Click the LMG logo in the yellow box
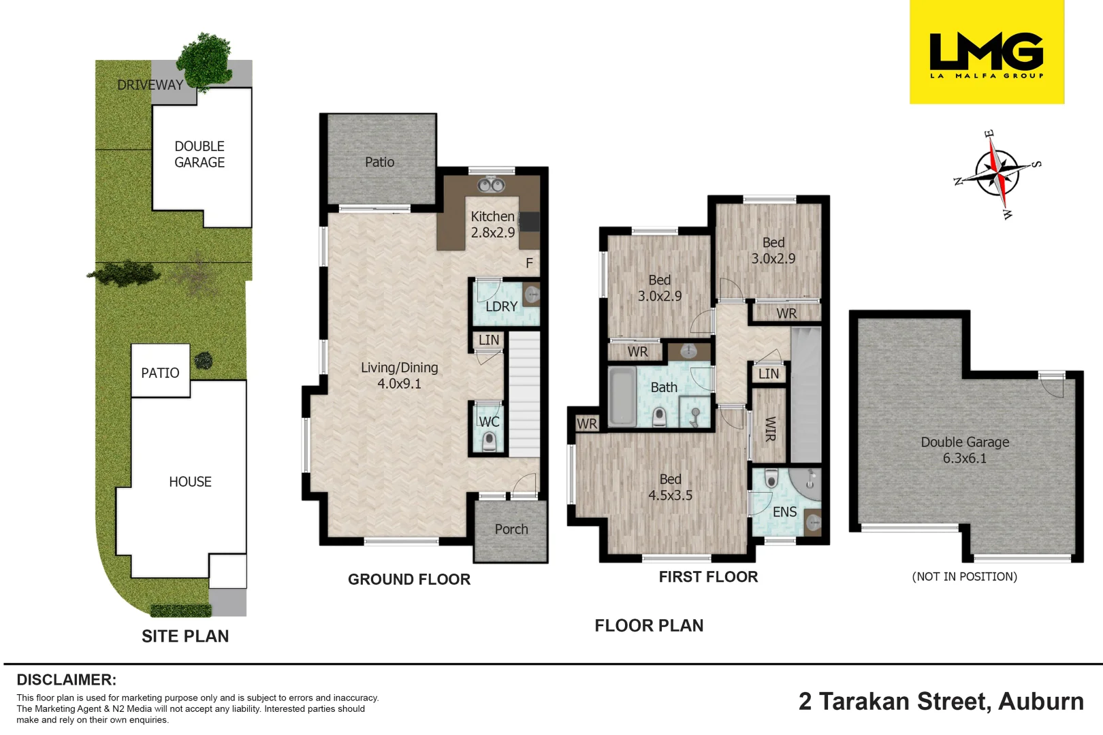tap(987, 55)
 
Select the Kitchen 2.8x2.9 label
tap(492, 224)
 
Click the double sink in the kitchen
tap(491, 184)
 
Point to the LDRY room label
tap(501, 307)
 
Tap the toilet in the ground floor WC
tap(489, 441)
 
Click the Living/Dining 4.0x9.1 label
tap(400, 375)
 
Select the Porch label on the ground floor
tap(511, 529)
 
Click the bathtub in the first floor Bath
tap(622, 396)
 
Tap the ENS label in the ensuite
tap(784, 512)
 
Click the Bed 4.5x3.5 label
tap(670, 487)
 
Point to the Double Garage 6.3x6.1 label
tap(965, 450)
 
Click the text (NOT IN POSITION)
tap(965, 576)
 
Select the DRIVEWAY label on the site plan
tap(150, 85)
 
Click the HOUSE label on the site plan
tap(190, 481)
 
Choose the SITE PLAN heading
tap(185, 636)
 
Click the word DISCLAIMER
tap(67, 680)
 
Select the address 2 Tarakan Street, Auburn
tap(941, 702)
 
